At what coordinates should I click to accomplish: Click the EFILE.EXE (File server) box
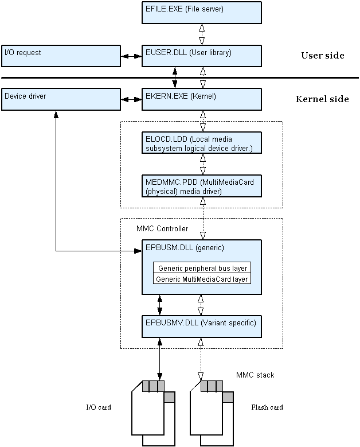pyautogui.click(x=201, y=12)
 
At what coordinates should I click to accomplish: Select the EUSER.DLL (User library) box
pyautogui.click(x=201, y=56)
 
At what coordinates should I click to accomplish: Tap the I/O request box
pyautogui.click(x=61, y=56)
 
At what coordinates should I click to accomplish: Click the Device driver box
pyautogui.click(x=61, y=99)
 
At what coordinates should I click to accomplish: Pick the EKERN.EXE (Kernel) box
pyautogui.click(x=201, y=99)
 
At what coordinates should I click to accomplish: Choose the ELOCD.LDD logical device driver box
pyautogui.click(x=201, y=143)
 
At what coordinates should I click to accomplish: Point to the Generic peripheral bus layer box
pyautogui.click(x=202, y=268)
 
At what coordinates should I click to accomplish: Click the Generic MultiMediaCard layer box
pyautogui.click(x=202, y=279)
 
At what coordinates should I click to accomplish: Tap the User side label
pyautogui.click(x=322, y=56)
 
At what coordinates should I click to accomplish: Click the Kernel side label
pyautogui.click(x=322, y=99)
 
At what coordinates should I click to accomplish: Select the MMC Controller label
pyautogui.click(x=162, y=228)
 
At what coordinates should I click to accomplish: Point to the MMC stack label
pyautogui.click(x=255, y=375)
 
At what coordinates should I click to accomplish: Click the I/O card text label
pyautogui.click(x=98, y=407)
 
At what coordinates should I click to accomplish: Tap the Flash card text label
pyautogui.click(x=267, y=407)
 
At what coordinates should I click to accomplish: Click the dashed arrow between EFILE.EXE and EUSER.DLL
pyautogui.click(x=201, y=34)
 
